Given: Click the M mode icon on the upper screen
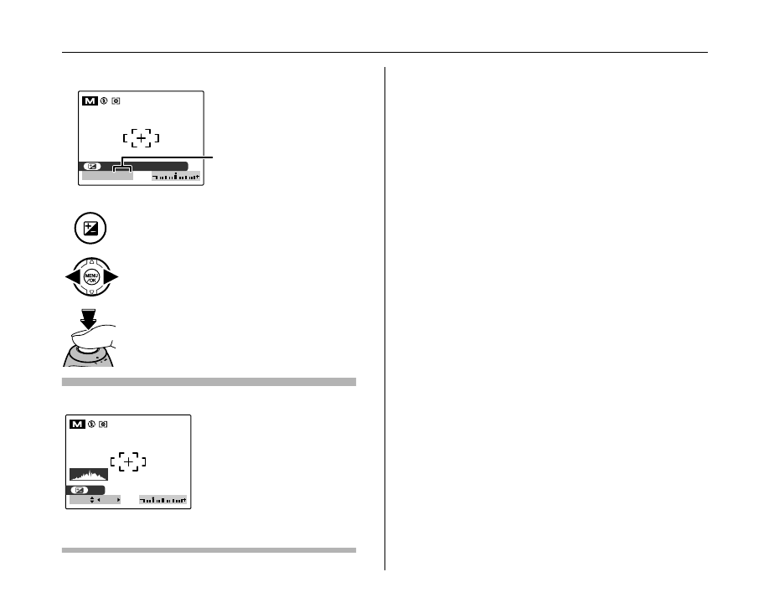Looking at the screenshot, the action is pyautogui.click(x=89, y=102).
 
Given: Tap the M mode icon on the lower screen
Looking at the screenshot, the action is pyautogui.click(x=76, y=426).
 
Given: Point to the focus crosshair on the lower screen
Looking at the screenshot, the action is pyautogui.click(x=127, y=461).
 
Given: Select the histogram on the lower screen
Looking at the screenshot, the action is pyautogui.click(x=89, y=474).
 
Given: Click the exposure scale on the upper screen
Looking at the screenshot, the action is pyautogui.click(x=176, y=177).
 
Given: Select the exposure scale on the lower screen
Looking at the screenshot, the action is pyautogui.click(x=163, y=501).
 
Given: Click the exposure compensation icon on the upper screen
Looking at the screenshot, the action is pyautogui.click(x=93, y=166).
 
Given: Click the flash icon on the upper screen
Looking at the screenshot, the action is pyautogui.click(x=104, y=102).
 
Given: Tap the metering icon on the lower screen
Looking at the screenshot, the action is pyautogui.click(x=103, y=426).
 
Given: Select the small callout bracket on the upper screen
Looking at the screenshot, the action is pyautogui.click(x=122, y=168).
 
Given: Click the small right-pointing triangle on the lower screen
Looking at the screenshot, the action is pyautogui.click(x=118, y=501).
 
